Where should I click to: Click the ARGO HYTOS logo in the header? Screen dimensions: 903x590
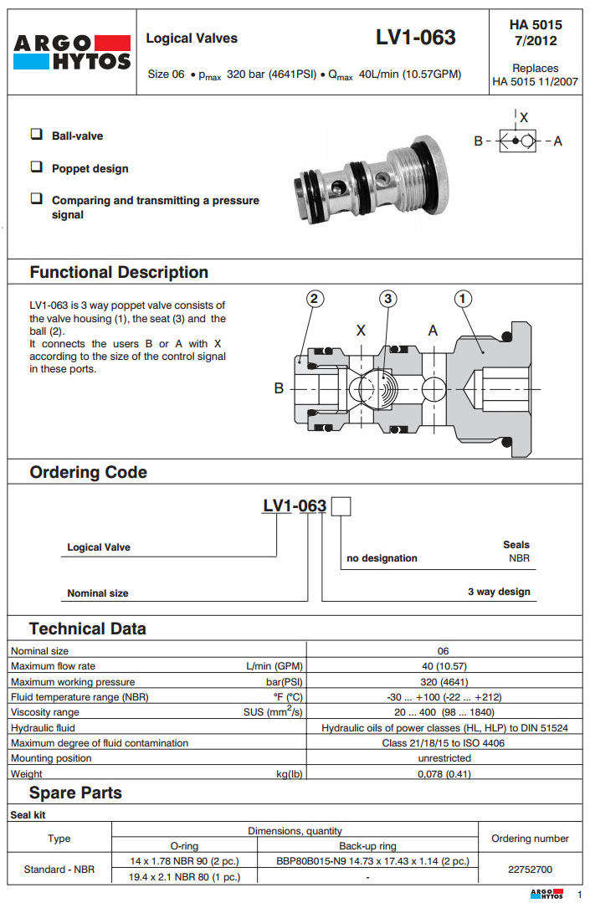point(71,52)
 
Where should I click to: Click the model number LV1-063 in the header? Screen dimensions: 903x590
point(416,38)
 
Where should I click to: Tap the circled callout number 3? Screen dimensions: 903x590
point(387,298)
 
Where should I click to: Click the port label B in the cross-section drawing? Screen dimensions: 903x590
point(280,388)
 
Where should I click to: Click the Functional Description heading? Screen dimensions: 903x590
point(119,272)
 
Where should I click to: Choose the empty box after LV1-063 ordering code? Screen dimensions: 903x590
point(341,506)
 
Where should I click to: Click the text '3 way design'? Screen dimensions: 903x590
point(499,592)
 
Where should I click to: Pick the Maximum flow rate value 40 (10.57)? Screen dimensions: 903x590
point(444,666)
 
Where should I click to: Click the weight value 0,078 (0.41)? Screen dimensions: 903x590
point(444,774)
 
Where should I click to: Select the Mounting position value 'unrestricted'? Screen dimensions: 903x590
point(444,758)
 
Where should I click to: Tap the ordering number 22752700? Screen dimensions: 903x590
point(530,870)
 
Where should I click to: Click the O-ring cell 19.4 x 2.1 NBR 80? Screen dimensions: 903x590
point(185,877)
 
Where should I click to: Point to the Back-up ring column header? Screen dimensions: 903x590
point(367,846)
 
